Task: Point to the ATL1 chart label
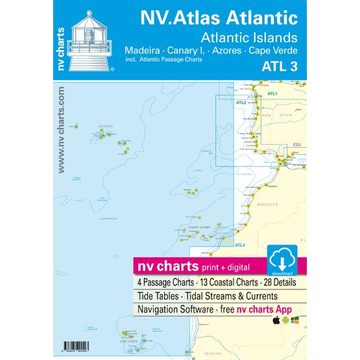coord(272,94)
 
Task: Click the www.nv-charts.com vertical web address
coord(60,130)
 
